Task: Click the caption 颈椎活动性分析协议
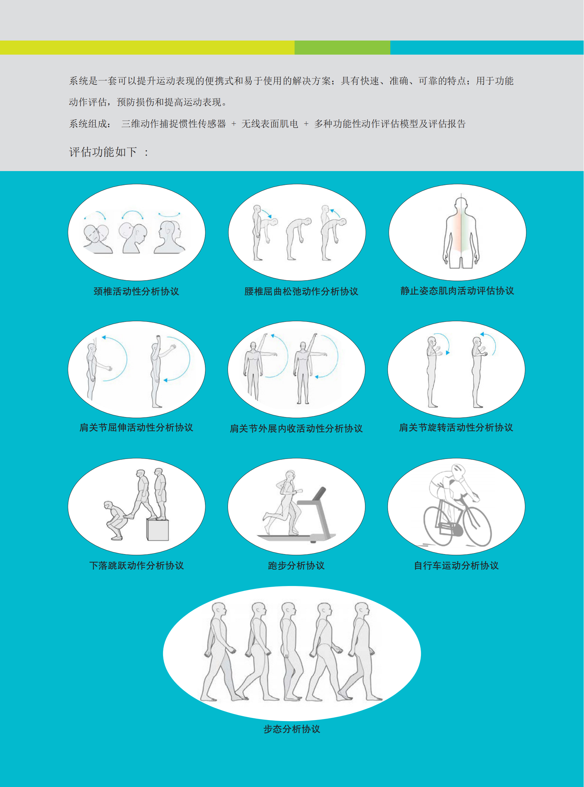pos(136,291)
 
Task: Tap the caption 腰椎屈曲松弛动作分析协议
pos(301,291)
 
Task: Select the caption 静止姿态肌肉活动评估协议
pos(457,291)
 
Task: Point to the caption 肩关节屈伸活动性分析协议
pos(136,428)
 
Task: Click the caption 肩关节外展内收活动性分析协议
pos(296,429)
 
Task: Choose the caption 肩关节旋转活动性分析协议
pos(456,428)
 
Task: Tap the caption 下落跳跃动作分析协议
pos(136,565)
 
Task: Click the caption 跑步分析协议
pos(296,565)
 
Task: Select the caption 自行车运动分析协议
pos(456,565)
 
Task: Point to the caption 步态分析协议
pos(292,729)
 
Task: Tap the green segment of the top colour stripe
pos(342,47)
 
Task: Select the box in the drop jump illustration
pos(158,529)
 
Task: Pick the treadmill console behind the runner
pos(319,494)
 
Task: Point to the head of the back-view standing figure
pos(461,204)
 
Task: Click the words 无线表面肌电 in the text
pos(270,124)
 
